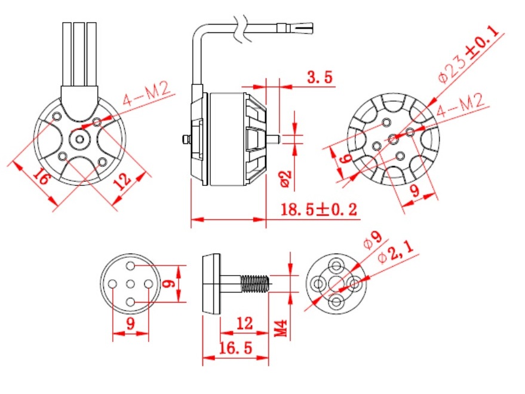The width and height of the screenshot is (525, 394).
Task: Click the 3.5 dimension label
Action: tap(320, 77)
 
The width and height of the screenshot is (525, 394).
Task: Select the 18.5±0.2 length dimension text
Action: tap(319, 209)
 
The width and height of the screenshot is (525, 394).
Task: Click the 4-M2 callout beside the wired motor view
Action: tap(146, 96)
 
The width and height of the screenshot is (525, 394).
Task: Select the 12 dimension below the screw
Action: tap(244, 323)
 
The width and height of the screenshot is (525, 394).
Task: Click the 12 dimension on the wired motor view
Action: tap(122, 182)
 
